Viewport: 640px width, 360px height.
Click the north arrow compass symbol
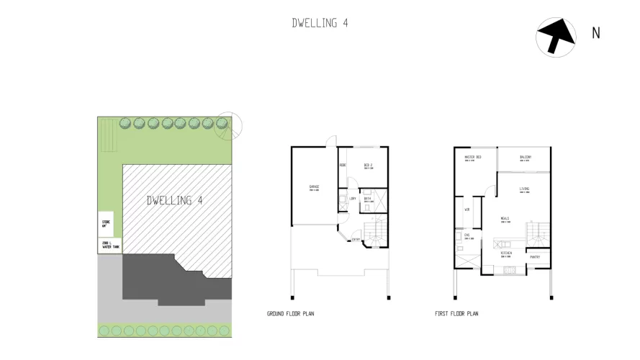(x=556, y=35)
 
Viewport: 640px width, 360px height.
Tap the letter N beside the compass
(x=595, y=32)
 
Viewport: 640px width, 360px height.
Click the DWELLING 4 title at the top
(x=320, y=22)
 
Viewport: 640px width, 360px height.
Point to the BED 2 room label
(x=366, y=165)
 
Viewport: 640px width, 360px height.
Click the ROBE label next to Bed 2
(x=343, y=165)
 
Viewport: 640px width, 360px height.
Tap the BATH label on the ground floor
(x=367, y=198)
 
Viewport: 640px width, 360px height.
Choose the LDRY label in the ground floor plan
(x=353, y=198)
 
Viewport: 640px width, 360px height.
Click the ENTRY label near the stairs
(x=356, y=240)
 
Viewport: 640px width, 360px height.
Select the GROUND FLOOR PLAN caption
(x=290, y=314)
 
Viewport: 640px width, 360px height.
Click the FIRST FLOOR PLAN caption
(x=456, y=314)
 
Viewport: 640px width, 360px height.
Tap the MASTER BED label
(x=472, y=157)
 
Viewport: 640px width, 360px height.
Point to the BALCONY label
(x=525, y=157)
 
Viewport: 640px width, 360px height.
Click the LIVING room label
(x=525, y=189)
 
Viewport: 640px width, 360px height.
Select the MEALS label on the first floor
(x=506, y=220)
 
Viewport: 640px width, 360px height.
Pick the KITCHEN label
(x=506, y=253)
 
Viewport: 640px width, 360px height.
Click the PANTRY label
(x=535, y=256)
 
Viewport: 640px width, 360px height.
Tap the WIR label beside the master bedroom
(x=467, y=210)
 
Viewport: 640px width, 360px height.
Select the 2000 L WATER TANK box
(x=110, y=246)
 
